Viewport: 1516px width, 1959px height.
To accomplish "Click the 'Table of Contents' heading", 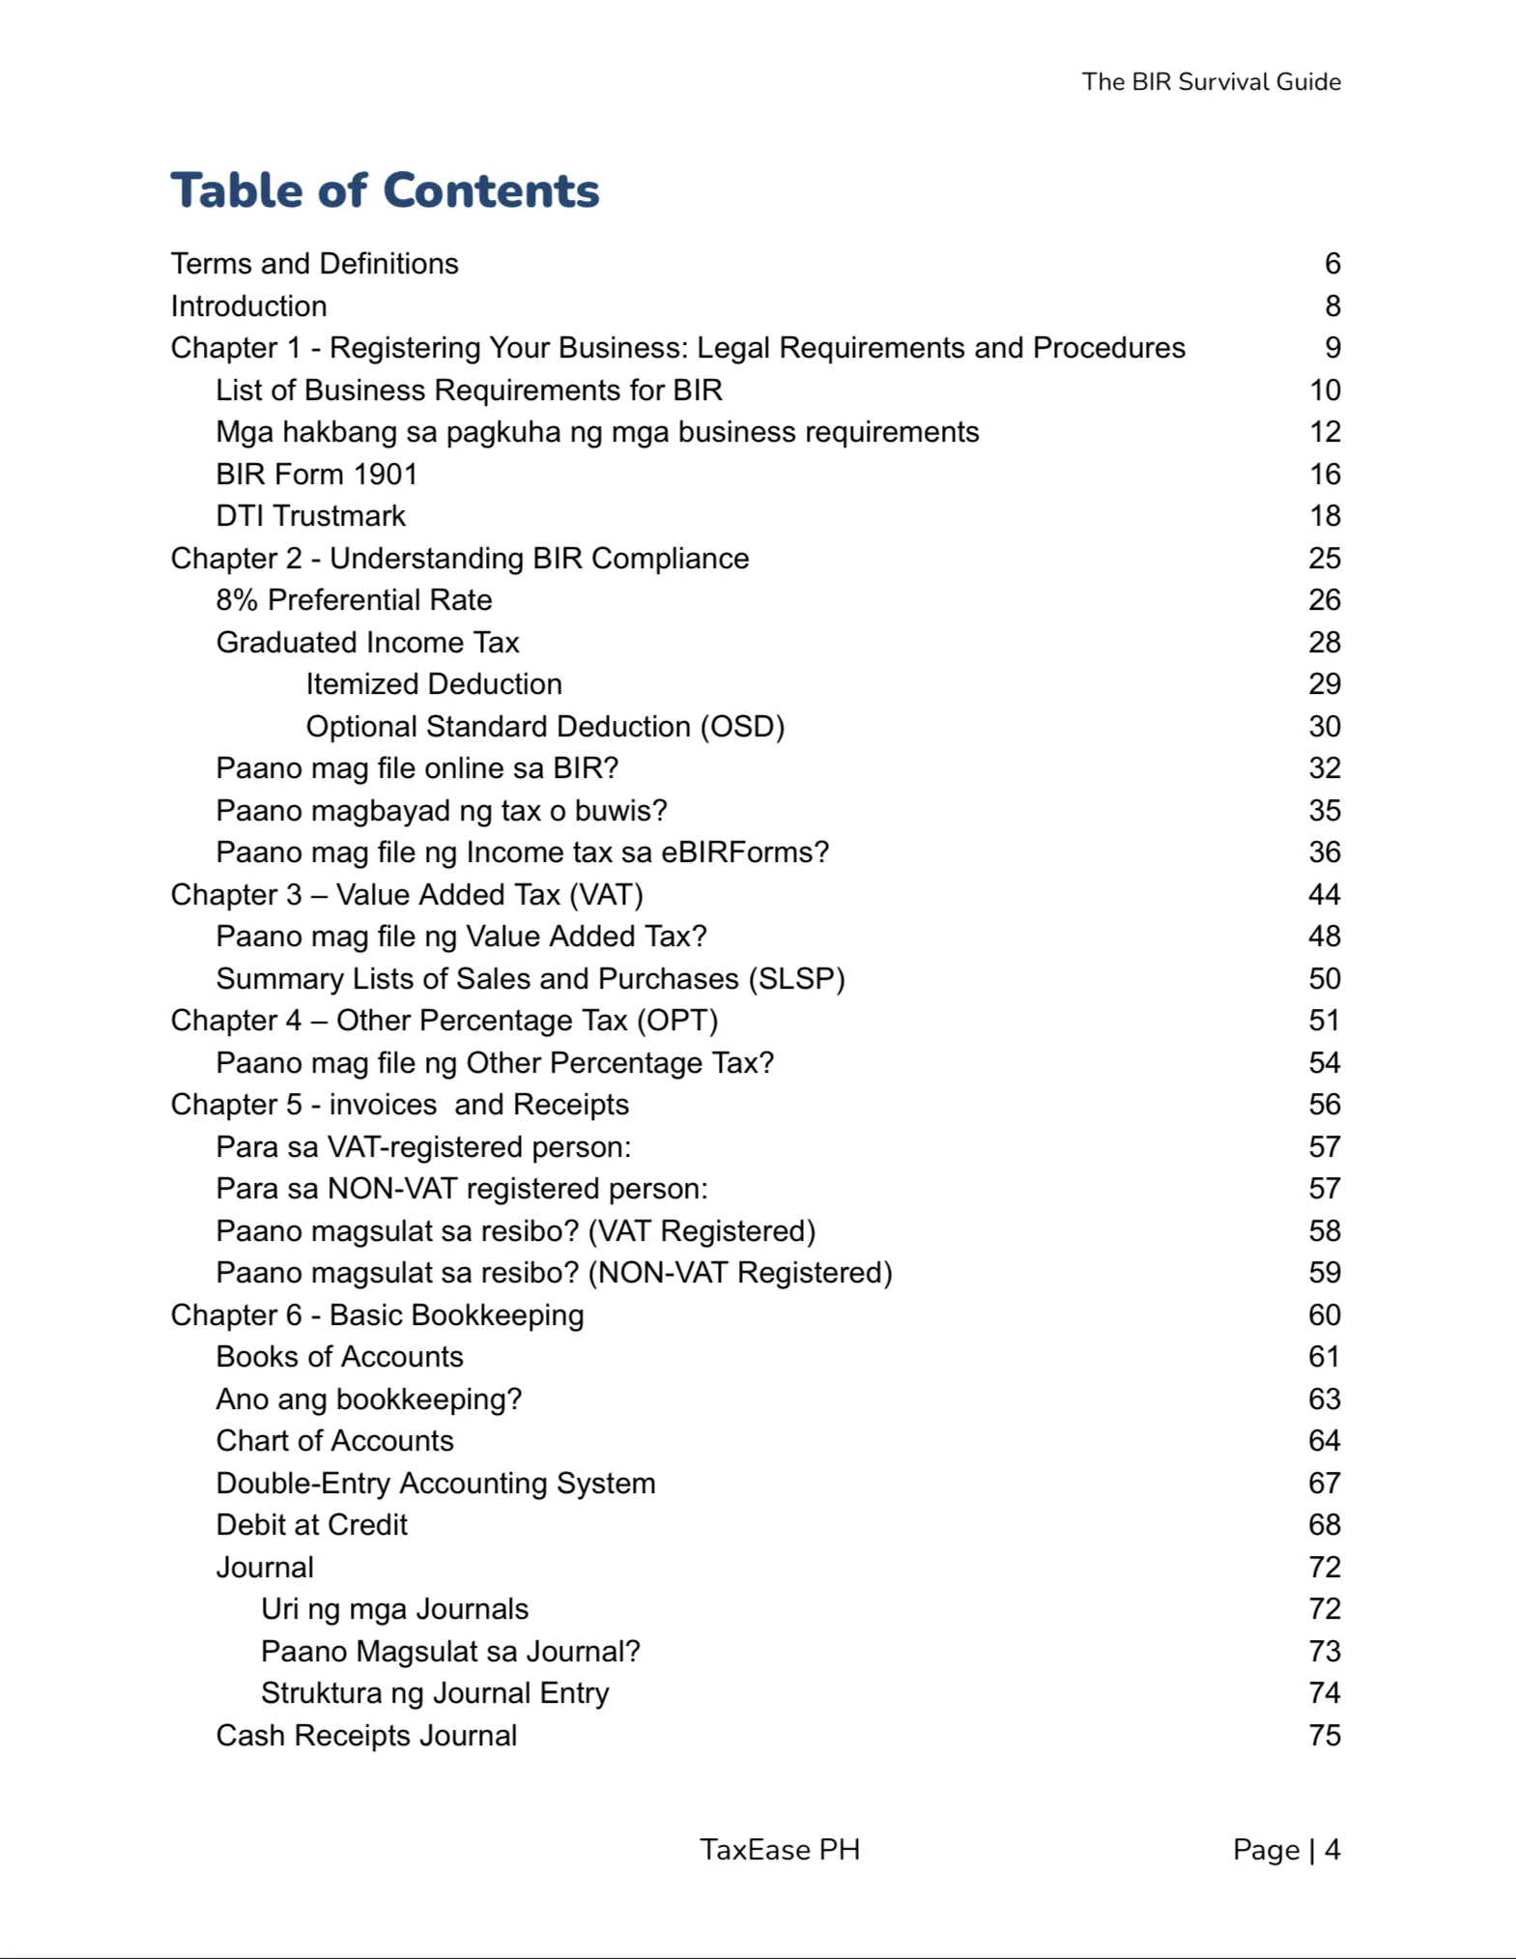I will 385,190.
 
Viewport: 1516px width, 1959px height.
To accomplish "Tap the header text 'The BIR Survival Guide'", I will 1210,82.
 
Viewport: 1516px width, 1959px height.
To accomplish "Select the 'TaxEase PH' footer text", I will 779,1849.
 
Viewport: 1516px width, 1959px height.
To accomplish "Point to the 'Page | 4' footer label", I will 1285,1849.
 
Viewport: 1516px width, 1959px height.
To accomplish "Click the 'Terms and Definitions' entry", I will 314,264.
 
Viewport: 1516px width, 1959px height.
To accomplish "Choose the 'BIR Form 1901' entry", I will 316,475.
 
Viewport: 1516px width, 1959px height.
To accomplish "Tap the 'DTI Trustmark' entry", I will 310,516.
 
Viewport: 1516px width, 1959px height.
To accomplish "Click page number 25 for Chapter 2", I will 1324,559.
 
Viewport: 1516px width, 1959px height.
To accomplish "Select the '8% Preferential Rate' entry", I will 354,600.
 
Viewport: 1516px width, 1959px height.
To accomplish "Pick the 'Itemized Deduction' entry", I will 433,684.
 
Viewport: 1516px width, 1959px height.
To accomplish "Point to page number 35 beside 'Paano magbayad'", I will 1324,811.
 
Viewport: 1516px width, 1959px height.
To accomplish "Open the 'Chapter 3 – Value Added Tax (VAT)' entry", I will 407,895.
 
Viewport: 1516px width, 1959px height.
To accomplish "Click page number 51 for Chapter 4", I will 1324,1021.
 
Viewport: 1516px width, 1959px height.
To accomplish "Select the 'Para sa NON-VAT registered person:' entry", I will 461,1189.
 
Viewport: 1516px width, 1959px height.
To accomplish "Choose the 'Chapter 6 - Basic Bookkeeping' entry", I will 377,1315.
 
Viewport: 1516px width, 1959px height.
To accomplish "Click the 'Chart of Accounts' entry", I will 334,1441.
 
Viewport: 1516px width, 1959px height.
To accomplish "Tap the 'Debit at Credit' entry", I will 311,1525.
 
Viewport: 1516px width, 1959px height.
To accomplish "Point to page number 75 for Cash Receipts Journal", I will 1324,1736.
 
